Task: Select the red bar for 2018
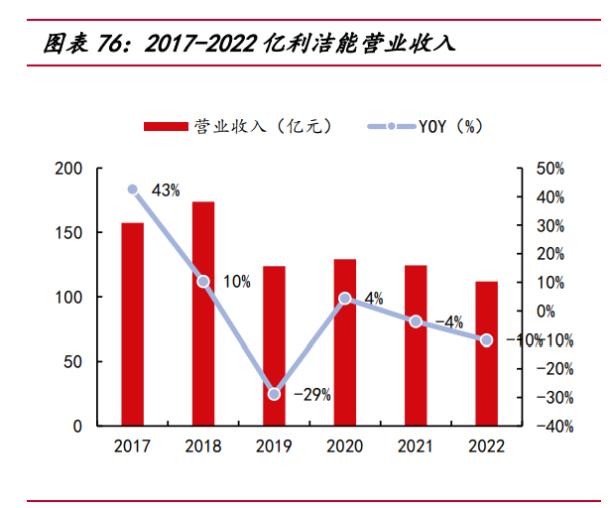[203, 314]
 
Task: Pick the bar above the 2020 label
[344, 342]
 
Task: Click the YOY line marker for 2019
[274, 394]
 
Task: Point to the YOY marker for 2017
[133, 189]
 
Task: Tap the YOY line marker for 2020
[344, 298]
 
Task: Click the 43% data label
[166, 190]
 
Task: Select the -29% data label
[311, 394]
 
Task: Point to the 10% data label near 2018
[236, 282]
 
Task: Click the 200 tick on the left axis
[68, 169]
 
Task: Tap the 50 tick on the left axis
[73, 362]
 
